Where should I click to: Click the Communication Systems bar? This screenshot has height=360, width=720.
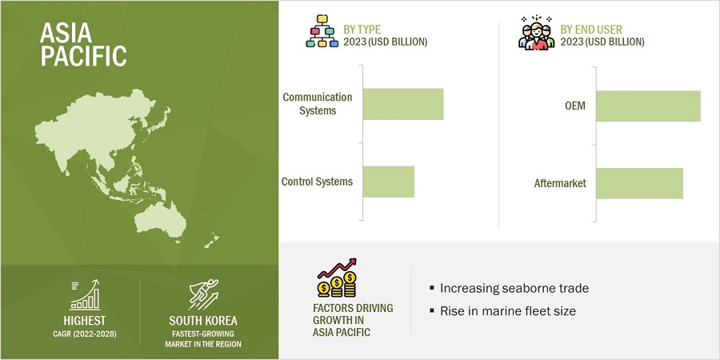(x=403, y=104)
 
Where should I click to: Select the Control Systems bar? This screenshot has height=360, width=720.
(x=389, y=182)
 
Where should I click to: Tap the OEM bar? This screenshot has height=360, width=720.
(x=648, y=106)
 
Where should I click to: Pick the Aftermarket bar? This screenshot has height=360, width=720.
(x=639, y=183)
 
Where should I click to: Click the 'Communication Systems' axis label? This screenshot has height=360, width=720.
(x=318, y=104)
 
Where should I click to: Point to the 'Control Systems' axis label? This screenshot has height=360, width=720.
(x=317, y=182)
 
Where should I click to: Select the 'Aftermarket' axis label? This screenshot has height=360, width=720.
(x=560, y=183)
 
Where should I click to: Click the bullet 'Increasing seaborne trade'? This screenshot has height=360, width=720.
(x=503, y=288)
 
